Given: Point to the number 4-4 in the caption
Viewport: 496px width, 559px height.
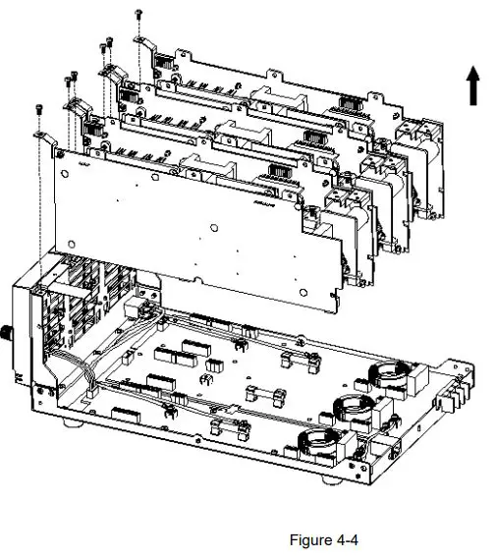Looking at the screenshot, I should tap(347, 539).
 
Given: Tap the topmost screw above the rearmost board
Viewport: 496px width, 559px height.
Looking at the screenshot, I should tap(140, 12).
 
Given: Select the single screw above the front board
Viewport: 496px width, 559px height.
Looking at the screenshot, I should tap(38, 107).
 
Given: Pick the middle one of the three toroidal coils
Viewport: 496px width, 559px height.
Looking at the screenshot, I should tap(355, 406).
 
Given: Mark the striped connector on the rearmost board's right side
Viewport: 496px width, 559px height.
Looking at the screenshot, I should tap(350, 102).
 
